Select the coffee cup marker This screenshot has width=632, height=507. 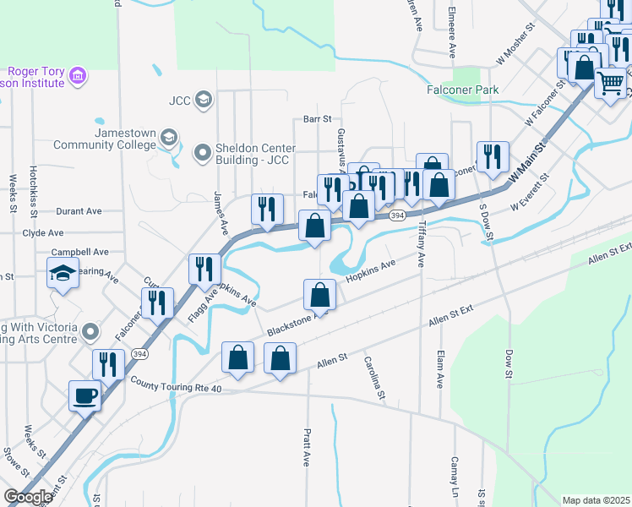point(84,395)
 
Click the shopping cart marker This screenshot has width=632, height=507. point(610,83)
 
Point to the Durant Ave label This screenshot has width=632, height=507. point(79,211)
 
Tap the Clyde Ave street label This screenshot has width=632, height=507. point(43,232)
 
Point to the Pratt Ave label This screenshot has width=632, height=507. point(307,447)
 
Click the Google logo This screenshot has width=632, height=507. point(28,497)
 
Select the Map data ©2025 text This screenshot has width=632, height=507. point(596,500)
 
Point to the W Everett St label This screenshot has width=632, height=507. point(531,192)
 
